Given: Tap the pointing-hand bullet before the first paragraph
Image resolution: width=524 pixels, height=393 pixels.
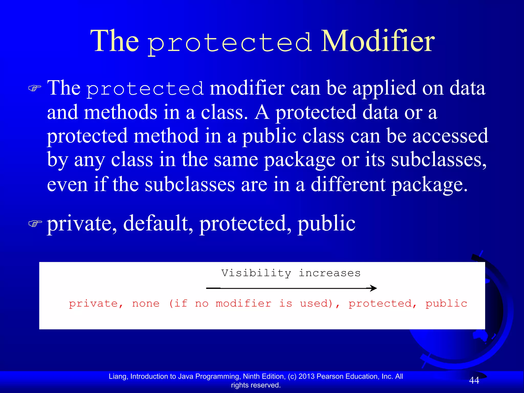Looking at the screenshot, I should (35, 89).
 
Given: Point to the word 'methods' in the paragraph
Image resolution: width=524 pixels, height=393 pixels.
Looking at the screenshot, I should (121, 113).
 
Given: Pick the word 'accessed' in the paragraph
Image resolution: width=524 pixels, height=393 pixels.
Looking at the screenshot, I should (450, 136).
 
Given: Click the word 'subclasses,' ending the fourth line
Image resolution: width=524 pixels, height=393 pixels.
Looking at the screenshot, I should (439, 160).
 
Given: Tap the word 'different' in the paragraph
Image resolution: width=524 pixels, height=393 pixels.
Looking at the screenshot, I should (348, 184).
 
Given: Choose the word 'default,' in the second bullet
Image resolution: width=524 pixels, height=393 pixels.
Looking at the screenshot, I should (158, 223).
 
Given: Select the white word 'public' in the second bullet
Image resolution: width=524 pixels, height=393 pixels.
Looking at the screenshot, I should (326, 223).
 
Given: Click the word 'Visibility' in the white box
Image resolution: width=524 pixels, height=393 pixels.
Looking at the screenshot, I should (256, 273).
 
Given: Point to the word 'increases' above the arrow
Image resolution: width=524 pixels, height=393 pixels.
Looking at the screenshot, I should (330, 273).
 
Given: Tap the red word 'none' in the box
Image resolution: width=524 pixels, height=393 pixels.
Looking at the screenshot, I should (146, 304).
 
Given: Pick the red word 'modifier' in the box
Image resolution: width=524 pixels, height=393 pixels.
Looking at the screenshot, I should (244, 304).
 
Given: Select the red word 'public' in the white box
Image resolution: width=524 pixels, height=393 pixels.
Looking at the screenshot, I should (446, 304).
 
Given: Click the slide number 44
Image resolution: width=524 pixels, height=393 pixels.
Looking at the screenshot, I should (474, 380).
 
